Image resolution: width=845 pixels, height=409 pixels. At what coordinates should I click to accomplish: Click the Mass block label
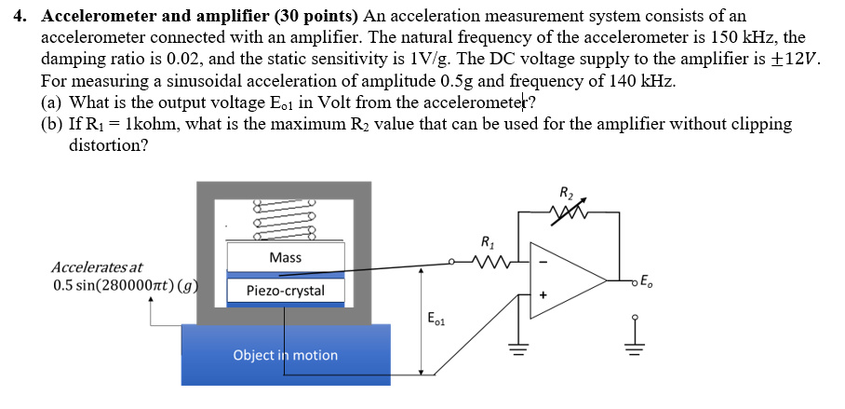(285, 257)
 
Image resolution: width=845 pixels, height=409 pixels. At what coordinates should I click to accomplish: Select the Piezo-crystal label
(285, 291)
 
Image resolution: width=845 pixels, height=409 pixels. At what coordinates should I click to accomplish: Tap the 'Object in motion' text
(285, 355)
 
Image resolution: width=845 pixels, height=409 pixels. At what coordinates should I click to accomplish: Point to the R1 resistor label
(487, 245)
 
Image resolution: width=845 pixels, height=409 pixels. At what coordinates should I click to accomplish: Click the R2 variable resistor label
(567, 194)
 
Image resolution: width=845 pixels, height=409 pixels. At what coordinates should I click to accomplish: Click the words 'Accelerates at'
(97, 267)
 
